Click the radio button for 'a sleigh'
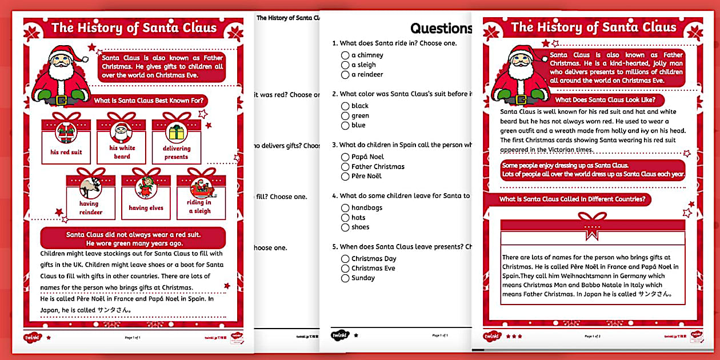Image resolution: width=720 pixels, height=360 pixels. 345,65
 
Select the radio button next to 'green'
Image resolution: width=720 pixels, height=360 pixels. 345,116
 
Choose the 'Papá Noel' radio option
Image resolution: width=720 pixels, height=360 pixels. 345,157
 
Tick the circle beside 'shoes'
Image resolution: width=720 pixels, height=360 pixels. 345,227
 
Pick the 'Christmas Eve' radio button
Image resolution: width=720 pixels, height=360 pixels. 345,269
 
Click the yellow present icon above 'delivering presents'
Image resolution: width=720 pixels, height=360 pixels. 176,133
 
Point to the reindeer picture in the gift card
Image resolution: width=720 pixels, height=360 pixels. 91,187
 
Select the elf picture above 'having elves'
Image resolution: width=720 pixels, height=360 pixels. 146,187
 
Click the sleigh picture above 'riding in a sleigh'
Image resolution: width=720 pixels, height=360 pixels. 201,187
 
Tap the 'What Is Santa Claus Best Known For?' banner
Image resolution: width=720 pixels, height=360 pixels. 150,101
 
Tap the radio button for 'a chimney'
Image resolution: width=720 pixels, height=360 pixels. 345,55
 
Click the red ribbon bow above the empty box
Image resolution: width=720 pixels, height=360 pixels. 592,223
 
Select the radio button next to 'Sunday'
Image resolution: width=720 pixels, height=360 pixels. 345,278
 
